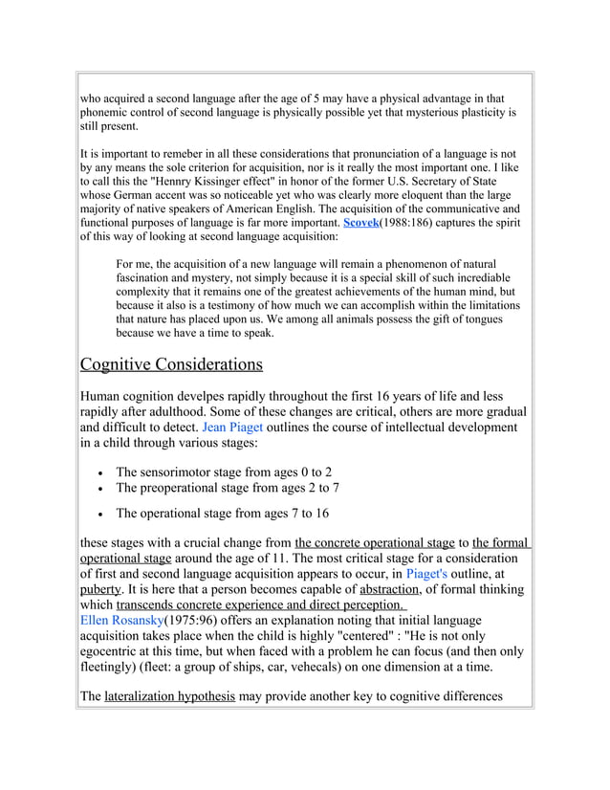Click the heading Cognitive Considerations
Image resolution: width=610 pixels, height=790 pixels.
170,364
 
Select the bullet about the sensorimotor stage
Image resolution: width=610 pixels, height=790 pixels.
224,472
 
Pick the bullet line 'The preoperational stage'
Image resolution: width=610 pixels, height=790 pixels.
227,488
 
